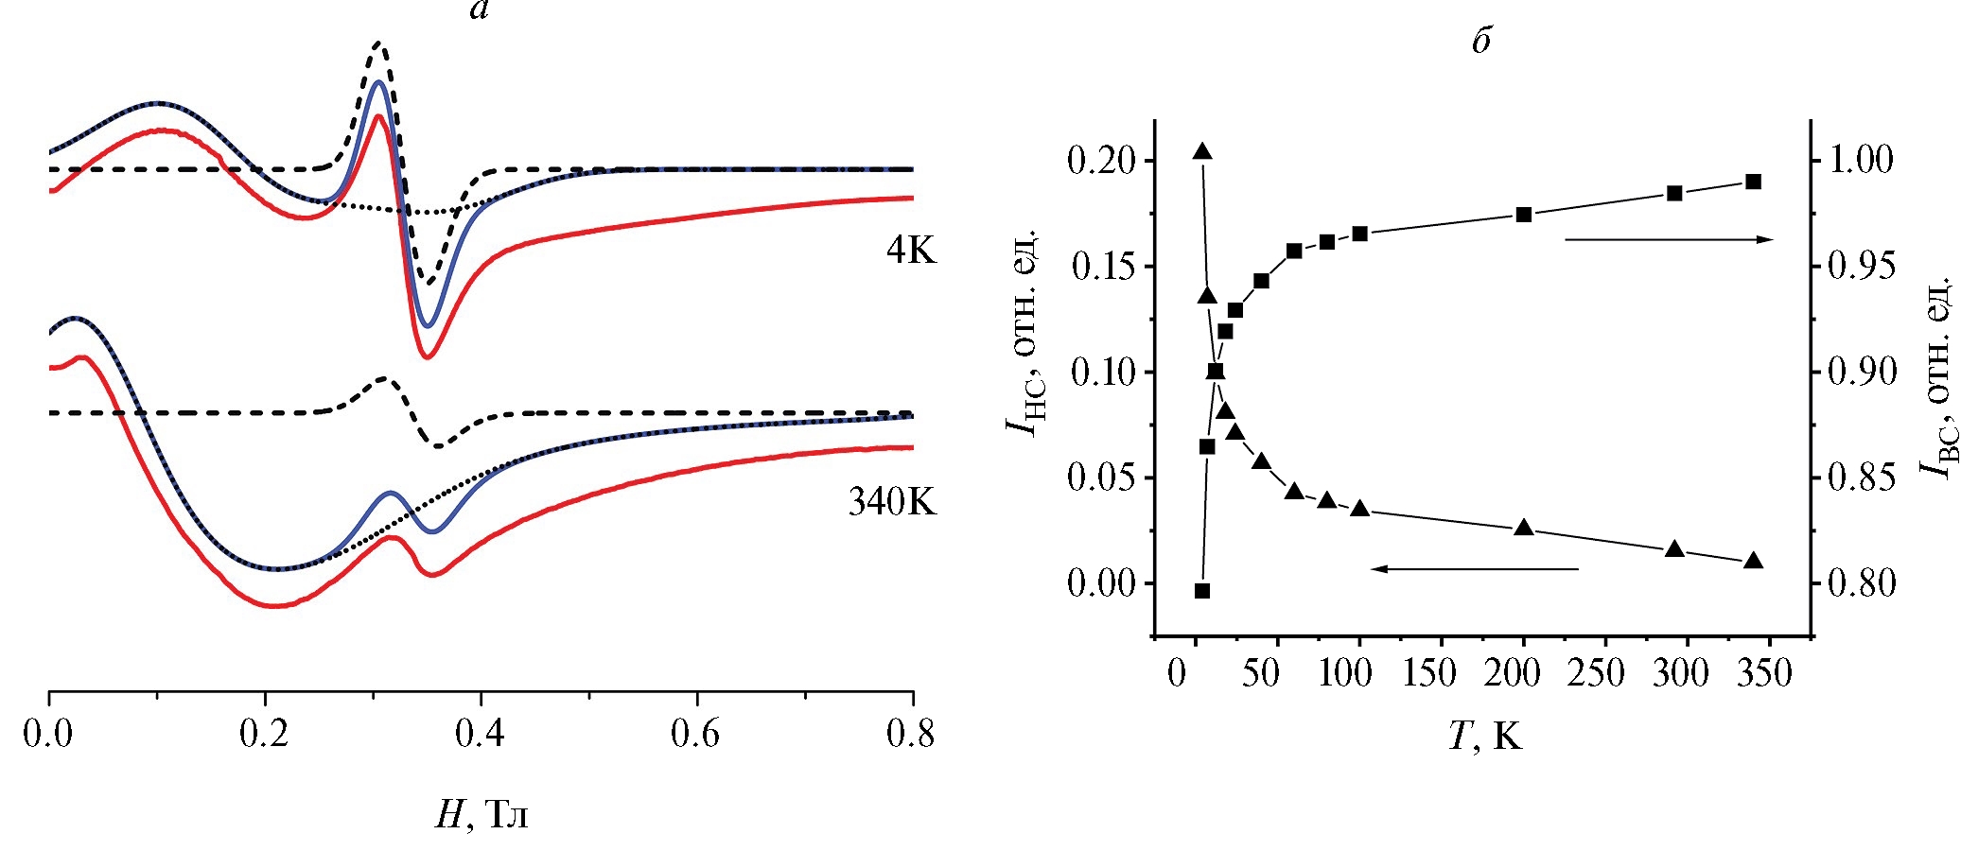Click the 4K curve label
(x=911, y=250)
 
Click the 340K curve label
(x=891, y=502)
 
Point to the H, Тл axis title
(x=481, y=813)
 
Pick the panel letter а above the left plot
(x=479, y=11)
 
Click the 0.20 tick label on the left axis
(x=1101, y=161)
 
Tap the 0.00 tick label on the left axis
(x=1101, y=583)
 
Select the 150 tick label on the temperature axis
(x=1429, y=673)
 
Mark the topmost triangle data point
(x=1202, y=152)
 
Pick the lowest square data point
(x=1202, y=591)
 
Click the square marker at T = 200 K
(x=1524, y=215)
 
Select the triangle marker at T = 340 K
(x=1753, y=561)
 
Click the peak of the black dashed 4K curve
(x=379, y=43)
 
